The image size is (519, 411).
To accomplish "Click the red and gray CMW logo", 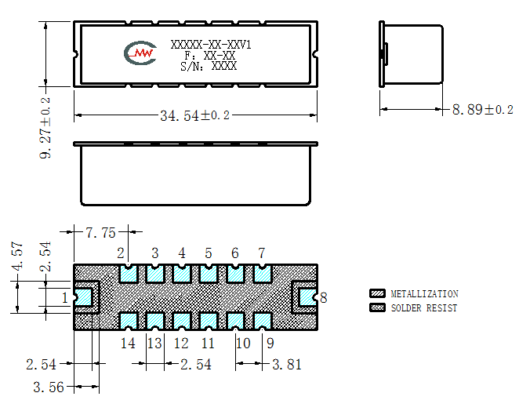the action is [x=140, y=53].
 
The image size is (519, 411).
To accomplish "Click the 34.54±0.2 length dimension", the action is [x=194, y=115].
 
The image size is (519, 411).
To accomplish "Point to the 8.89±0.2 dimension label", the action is [x=483, y=109].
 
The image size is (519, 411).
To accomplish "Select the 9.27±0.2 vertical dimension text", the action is [x=45, y=128].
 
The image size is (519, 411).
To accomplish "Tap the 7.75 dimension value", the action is [x=100, y=233].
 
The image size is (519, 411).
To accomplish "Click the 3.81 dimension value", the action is [x=287, y=365].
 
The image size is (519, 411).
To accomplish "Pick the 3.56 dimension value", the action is [x=49, y=387].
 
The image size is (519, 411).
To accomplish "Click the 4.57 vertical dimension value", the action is [x=17, y=256].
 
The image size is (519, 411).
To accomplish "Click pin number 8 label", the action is [x=323, y=298].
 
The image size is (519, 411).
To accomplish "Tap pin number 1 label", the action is [x=65, y=298].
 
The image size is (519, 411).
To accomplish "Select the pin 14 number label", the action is [x=128, y=343].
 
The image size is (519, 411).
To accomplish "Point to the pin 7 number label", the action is [x=262, y=253].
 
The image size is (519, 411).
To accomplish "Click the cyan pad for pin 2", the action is [x=128, y=274].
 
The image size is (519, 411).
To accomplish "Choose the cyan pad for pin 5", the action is [x=209, y=274].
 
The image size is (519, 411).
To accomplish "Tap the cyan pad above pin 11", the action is [x=209, y=321].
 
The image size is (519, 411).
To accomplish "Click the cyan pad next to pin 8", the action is [x=307, y=297].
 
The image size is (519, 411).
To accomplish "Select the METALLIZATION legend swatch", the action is [x=377, y=293].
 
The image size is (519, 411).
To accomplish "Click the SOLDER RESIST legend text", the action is [x=424, y=308].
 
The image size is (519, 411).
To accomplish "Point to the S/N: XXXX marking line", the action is [x=209, y=66].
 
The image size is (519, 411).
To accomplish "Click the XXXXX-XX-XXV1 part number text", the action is [x=211, y=45].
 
